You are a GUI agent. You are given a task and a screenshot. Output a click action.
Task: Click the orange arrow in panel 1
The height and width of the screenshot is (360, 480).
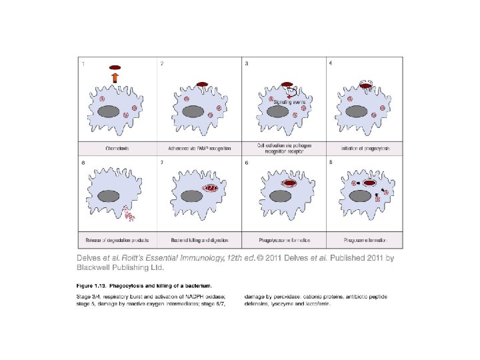click(115, 78)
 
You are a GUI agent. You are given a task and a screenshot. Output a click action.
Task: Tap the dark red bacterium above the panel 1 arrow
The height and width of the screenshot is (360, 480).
click(115, 67)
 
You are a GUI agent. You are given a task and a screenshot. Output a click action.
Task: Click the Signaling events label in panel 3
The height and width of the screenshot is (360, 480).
click(289, 101)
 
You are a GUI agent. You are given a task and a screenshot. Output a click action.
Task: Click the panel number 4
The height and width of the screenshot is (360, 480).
click(331, 63)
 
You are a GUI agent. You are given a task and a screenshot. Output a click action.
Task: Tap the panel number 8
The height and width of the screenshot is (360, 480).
click(83, 162)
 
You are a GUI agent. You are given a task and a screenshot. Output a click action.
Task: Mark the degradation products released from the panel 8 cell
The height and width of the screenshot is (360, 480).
click(129, 213)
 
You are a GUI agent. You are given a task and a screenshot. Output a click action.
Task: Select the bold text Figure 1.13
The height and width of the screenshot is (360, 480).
click(93, 285)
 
